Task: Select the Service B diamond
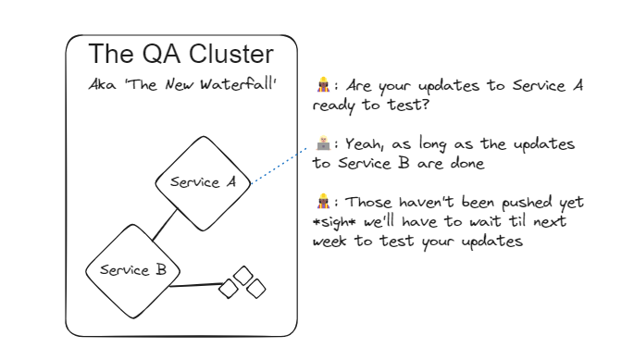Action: [132, 270]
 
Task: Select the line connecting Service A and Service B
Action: [166, 226]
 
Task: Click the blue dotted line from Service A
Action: [280, 164]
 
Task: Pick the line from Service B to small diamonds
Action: [198, 284]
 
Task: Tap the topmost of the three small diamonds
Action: [242, 275]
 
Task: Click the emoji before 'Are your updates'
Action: [322, 86]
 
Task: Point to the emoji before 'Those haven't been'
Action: [322, 202]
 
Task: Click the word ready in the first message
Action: [333, 105]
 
